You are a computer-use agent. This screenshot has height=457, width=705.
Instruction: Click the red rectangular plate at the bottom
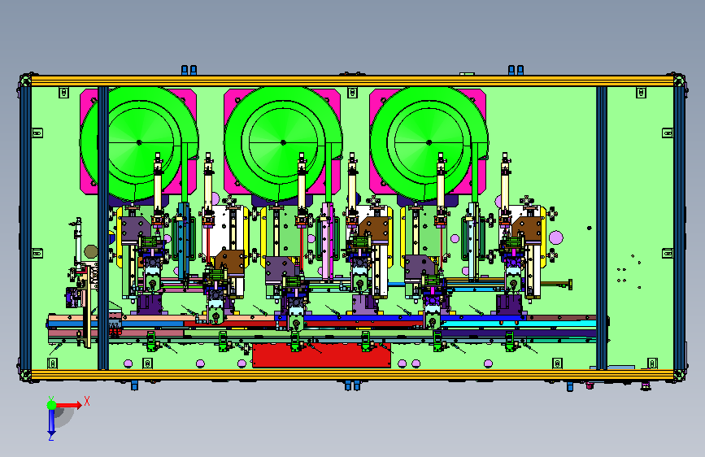pos(321,356)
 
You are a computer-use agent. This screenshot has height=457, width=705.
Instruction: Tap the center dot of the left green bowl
pos(139,142)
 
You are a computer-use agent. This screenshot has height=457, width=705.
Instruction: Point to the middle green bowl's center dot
pos(283,142)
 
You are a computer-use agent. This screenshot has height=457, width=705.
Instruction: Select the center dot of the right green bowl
pos(429,142)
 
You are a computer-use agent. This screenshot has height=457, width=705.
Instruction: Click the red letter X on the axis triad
pos(87,401)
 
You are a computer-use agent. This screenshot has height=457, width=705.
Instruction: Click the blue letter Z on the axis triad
pos(50,437)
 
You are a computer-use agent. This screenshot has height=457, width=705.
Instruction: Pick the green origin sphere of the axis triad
pos(52,405)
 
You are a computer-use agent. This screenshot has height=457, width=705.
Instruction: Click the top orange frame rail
pos(353,81)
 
